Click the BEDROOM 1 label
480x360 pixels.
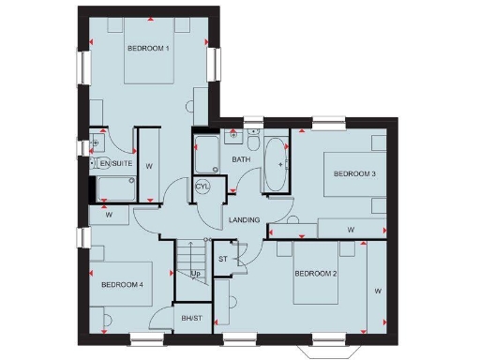coord(148,48)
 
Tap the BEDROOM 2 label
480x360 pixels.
coord(316,274)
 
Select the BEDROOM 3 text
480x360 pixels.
coord(354,174)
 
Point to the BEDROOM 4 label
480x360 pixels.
coord(122,284)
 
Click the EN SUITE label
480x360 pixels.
coord(115,164)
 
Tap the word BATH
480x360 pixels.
coord(242,160)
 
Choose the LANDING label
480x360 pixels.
coord(244,220)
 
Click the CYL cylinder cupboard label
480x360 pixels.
coord(203,187)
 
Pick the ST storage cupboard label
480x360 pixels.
coord(223,258)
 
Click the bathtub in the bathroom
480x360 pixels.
coord(277,165)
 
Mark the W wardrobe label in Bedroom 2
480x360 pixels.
coord(378,292)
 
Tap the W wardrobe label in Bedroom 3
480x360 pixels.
coord(351,229)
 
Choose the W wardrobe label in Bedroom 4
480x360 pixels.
coord(110,215)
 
